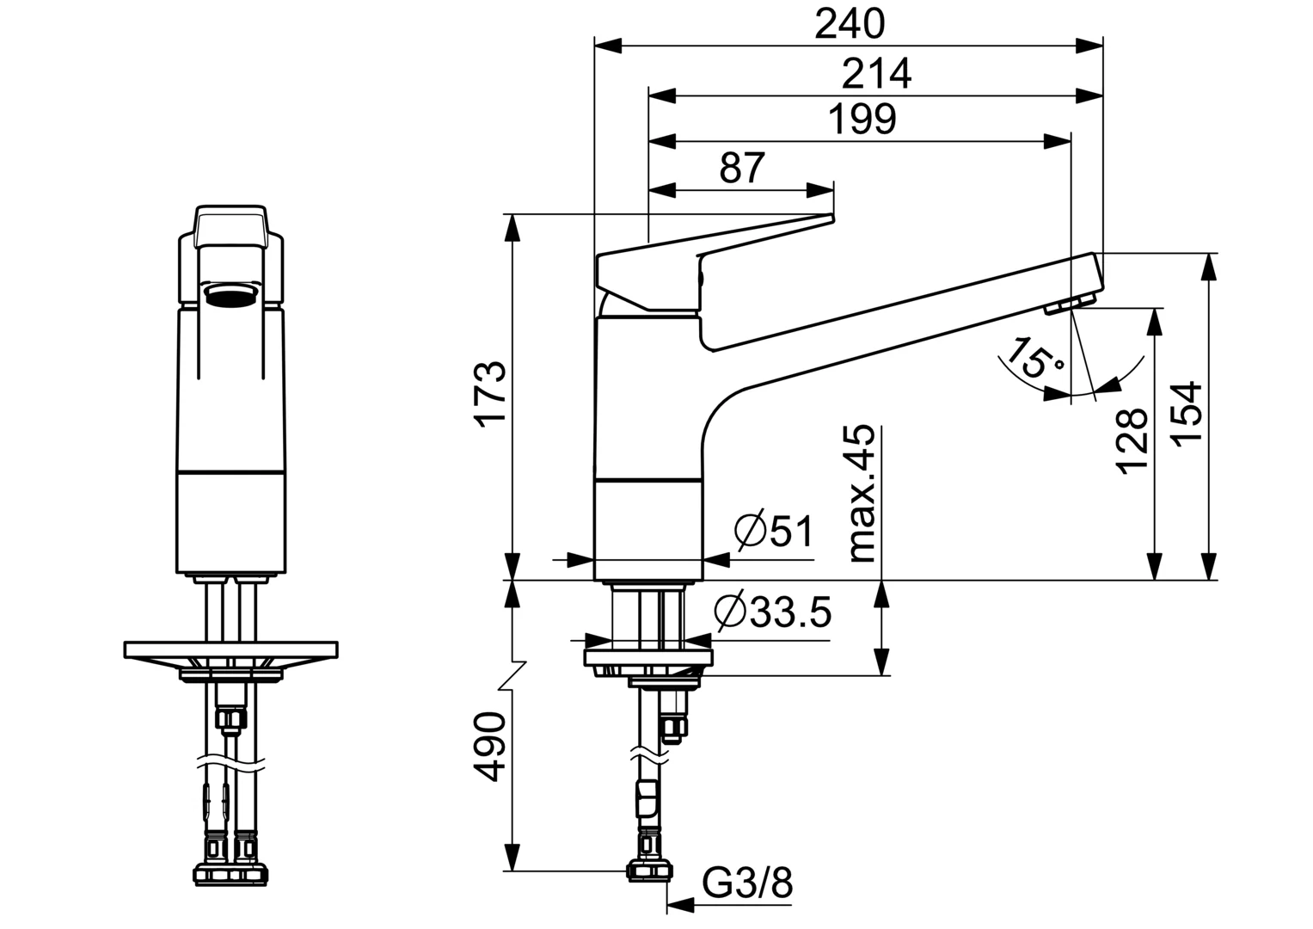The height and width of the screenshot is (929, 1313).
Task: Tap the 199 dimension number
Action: [862, 120]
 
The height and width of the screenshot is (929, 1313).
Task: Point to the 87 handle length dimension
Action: [741, 168]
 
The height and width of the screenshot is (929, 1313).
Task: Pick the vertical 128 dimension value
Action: [1132, 440]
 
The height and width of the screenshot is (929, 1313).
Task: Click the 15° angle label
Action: [1034, 359]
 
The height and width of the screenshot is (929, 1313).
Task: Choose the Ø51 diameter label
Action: [774, 532]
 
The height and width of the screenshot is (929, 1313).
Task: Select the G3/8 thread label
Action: [746, 883]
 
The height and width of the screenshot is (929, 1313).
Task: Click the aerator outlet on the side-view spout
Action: [1067, 305]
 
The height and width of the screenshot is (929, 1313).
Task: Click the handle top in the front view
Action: [230, 225]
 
